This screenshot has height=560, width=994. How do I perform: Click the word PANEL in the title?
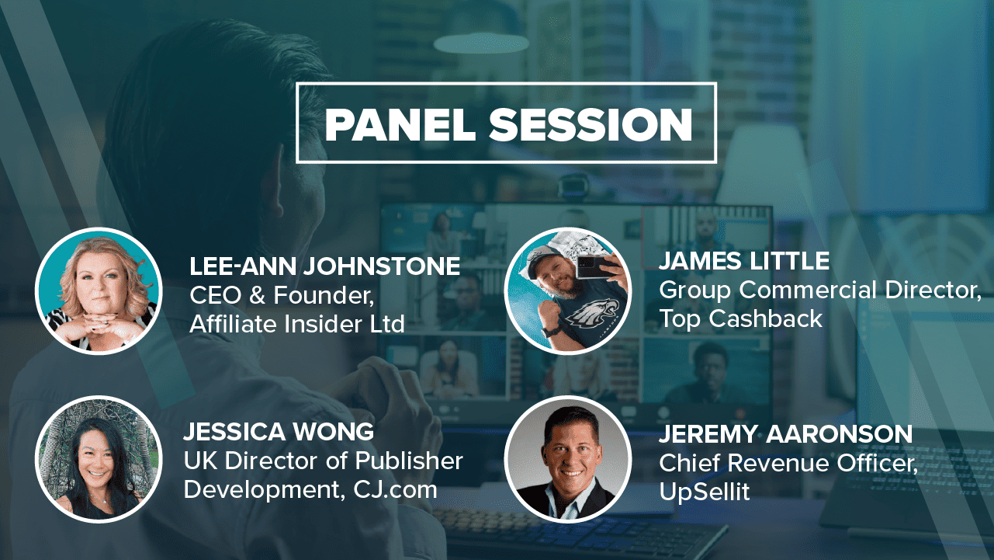(x=400, y=124)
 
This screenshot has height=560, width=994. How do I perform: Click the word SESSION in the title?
(x=591, y=124)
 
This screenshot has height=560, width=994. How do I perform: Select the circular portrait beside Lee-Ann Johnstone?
(x=99, y=291)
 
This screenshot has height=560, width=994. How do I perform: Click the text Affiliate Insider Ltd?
(x=297, y=324)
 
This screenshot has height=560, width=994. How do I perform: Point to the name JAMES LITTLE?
(x=744, y=261)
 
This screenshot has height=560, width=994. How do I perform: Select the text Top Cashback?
(x=740, y=319)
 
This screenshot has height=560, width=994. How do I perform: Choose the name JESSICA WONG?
(x=279, y=432)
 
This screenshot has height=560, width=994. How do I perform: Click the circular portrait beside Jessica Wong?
(x=99, y=459)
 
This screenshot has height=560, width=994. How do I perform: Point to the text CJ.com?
(x=395, y=489)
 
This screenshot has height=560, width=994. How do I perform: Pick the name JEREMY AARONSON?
(x=785, y=434)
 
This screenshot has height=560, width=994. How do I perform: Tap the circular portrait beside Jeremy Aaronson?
(x=567, y=459)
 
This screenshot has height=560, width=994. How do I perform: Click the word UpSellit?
(x=705, y=492)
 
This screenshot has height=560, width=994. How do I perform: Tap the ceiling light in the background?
(x=481, y=43)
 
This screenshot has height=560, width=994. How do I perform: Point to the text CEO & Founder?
(x=282, y=295)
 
